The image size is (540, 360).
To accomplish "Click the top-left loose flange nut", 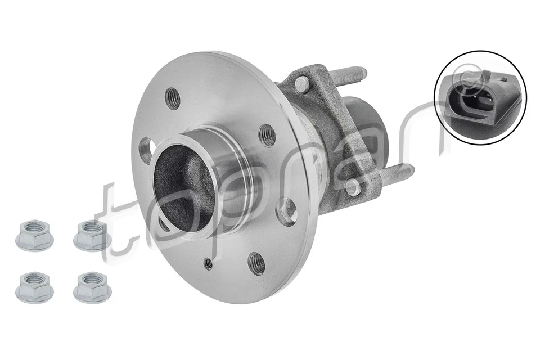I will pos(34,235).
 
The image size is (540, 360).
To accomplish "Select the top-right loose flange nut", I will pos(92,235).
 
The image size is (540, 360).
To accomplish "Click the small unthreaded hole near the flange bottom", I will pos(209,263).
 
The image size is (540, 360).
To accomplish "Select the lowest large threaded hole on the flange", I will pos(256,262).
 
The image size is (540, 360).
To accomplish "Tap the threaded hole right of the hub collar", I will pos(267,135).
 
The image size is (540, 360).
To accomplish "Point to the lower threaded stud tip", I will pos(407,168).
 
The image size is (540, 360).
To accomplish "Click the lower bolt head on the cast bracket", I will pos(352,187).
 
